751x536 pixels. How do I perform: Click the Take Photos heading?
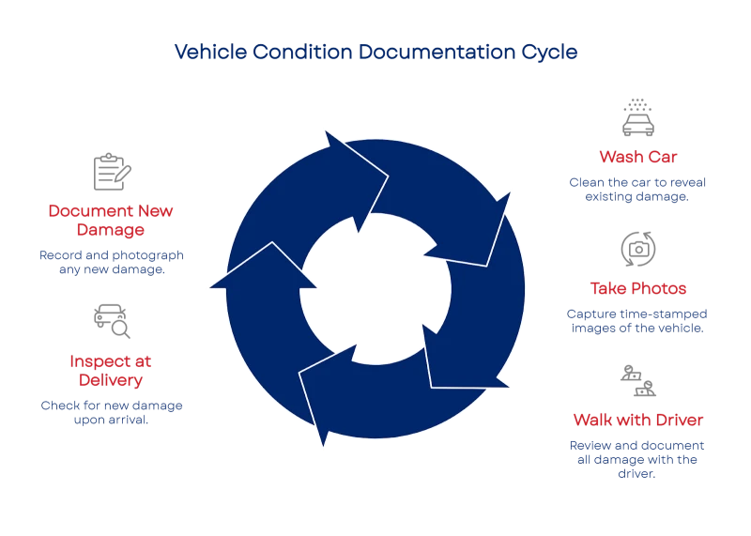[x=637, y=288]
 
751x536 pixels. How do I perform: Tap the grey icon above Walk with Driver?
[x=637, y=380]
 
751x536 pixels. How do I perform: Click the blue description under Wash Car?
[x=637, y=189]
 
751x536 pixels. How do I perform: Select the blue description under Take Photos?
[x=637, y=321]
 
